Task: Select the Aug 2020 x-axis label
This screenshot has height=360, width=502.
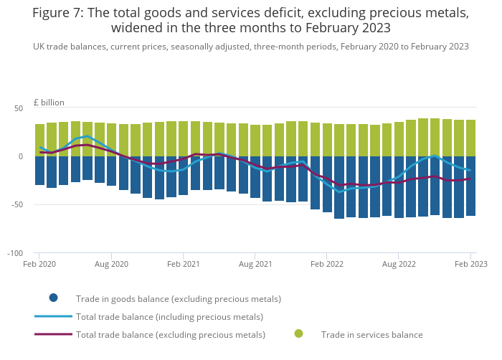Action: (x=111, y=265)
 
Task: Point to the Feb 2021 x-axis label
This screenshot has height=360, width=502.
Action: (x=183, y=265)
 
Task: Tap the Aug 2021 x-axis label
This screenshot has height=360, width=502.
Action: (x=255, y=265)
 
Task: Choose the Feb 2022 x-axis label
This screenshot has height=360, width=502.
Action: (x=326, y=265)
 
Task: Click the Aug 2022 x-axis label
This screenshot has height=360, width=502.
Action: (x=399, y=265)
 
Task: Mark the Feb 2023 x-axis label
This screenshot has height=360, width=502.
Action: (x=470, y=265)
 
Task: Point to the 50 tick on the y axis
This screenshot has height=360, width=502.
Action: (x=19, y=108)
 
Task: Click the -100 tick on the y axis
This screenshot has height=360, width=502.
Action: (x=15, y=253)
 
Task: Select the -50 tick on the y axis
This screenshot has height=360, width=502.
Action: (x=17, y=205)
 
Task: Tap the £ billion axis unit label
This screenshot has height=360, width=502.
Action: (x=44, y=103)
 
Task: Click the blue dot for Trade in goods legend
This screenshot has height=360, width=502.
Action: (x=53, y=298)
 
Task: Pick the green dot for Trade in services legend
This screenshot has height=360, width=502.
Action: (x=299, y=333)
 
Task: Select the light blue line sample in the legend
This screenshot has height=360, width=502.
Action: (x=53, y=316)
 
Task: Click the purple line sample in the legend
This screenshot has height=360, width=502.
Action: (x=53, y=334)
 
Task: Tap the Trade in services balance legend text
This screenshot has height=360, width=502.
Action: (x=371, y=334)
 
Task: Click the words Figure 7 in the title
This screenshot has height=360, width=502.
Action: (x=60, y=12)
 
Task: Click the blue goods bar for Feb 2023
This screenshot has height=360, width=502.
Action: (x=471, y=186)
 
